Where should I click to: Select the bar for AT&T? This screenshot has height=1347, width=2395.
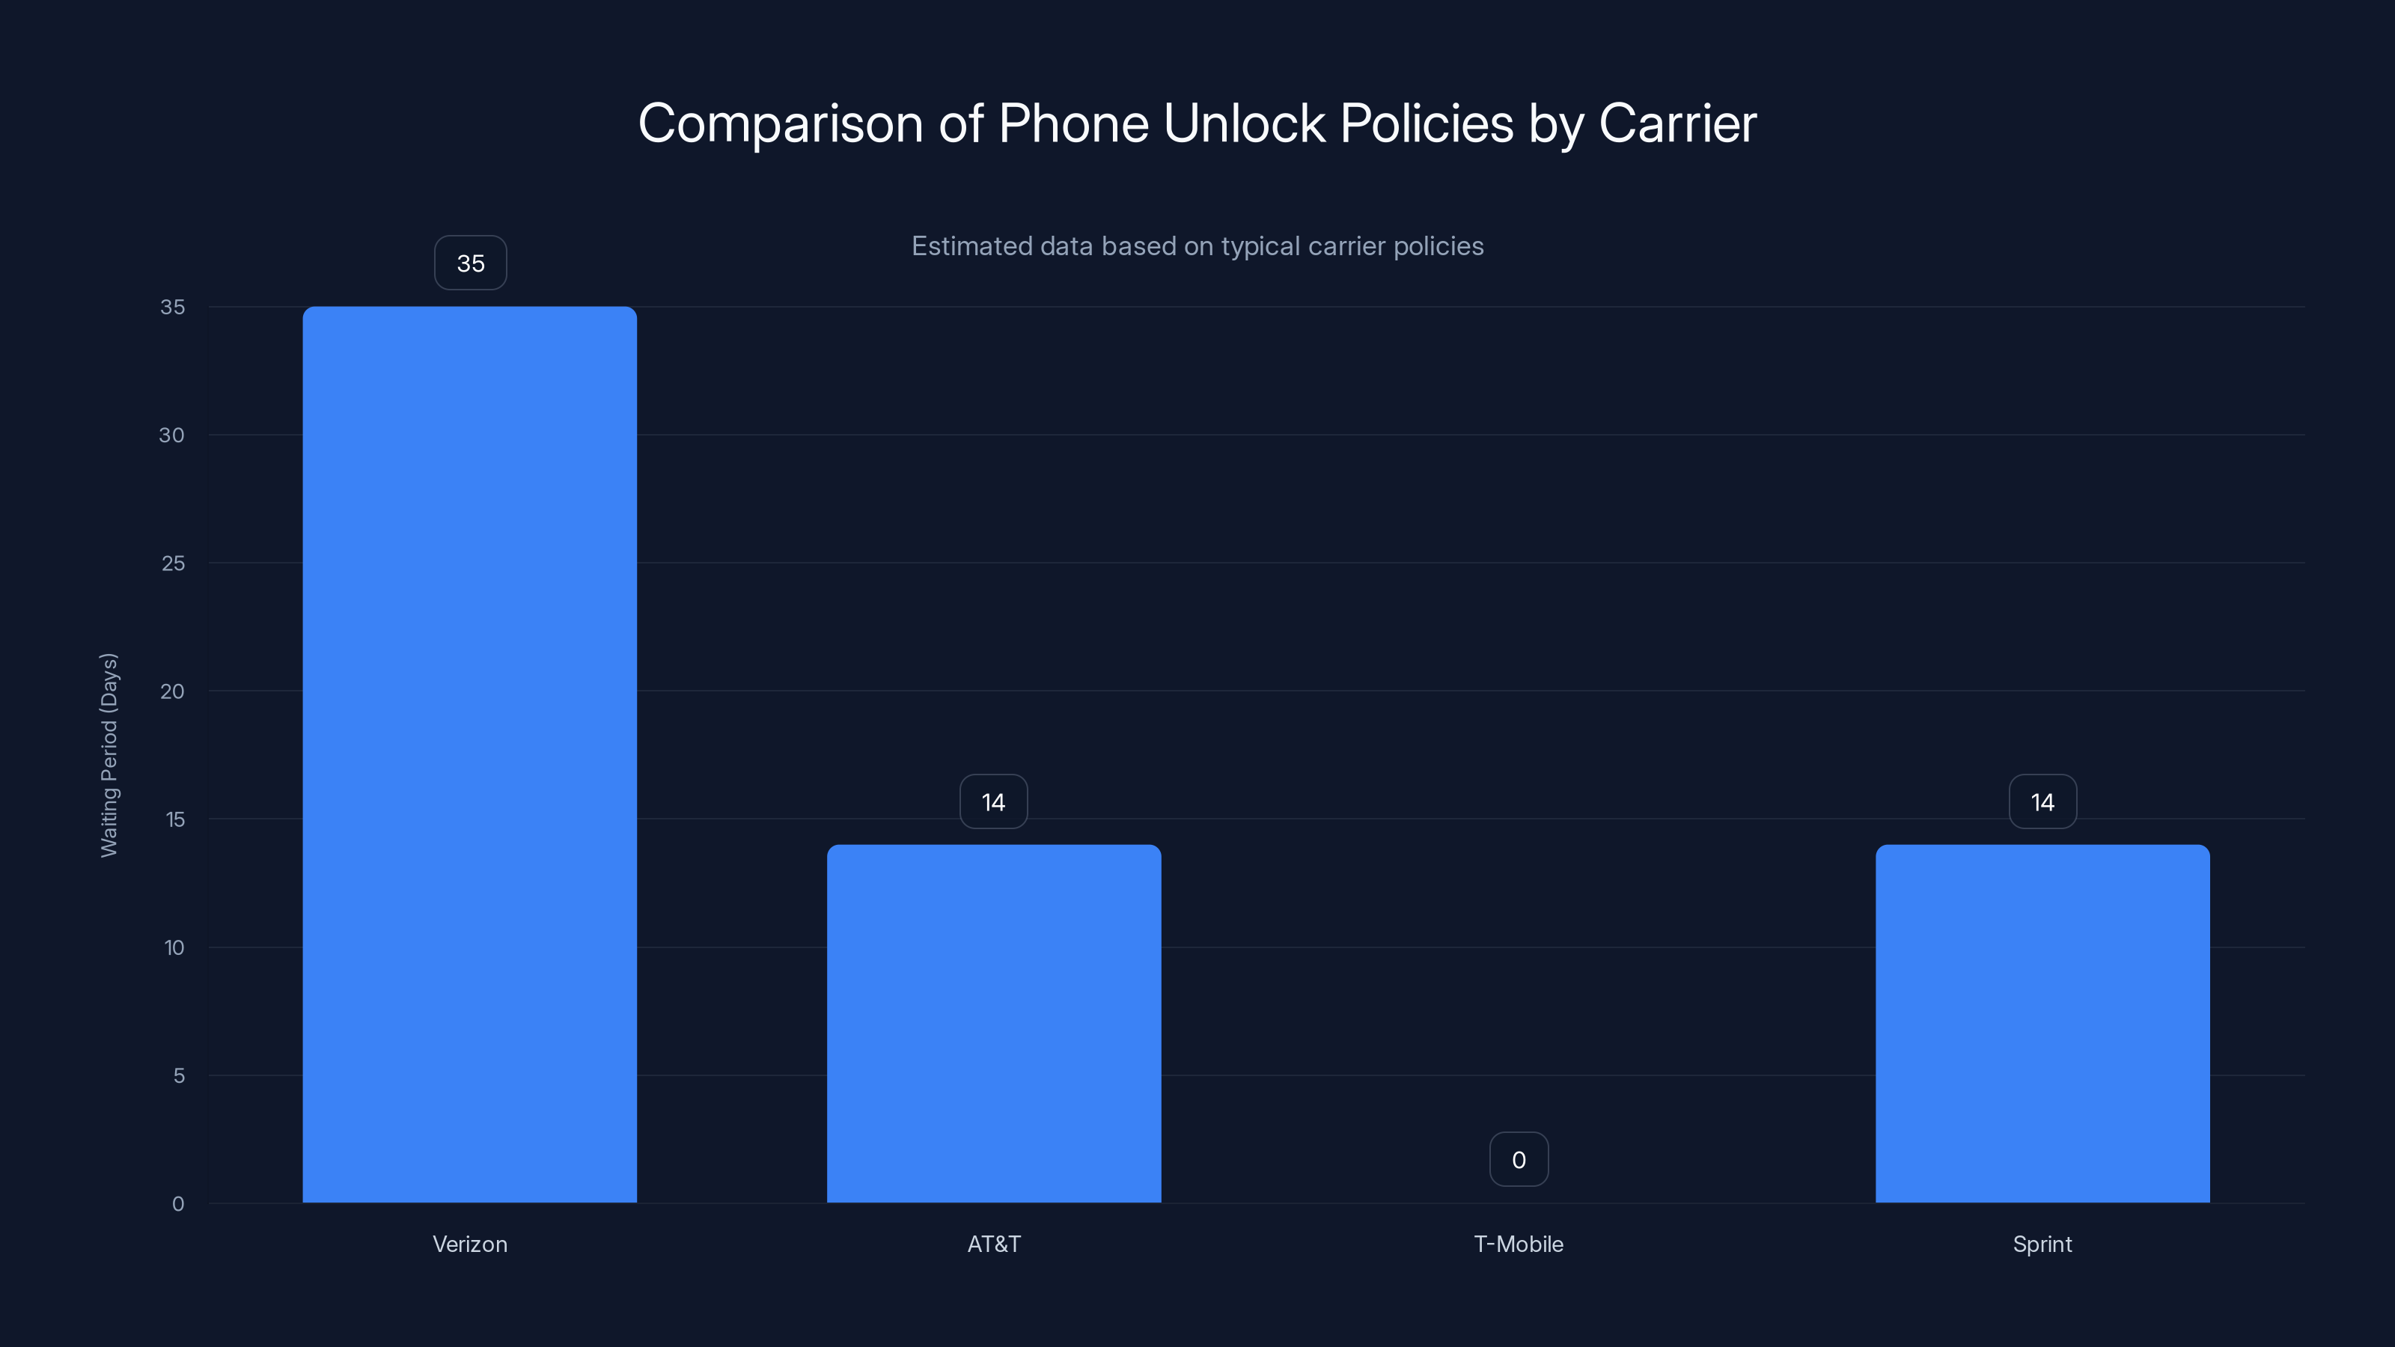pyautogui.click(x=994, y=1024)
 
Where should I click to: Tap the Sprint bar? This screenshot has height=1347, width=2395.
pyautogui.click(x=2042, y=1024)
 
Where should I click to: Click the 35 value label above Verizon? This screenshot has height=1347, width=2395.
pyautogui.click(x=471, y=263)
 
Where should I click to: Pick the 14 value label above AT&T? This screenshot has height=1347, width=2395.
pyautogui.click(x=994, y=802)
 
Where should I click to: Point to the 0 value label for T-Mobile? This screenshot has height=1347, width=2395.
pyautogui.click(x=1519, y=1159)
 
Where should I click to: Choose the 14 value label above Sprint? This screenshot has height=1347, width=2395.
pyautogui.click(x=2042, y=802)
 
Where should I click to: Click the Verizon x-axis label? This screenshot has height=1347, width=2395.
pyautogui.click(x=469, y=1244)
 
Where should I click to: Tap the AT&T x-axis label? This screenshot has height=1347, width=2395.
pyautogui.click(x=994, y=1244)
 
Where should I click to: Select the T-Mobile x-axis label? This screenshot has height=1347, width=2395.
pyautogui.click(x=1519, y=1244)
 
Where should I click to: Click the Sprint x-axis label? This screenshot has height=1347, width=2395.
pyautogui.click(x=2042, y=1244)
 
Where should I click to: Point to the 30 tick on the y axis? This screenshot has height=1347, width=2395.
pyautogui.click(x=172, y=435)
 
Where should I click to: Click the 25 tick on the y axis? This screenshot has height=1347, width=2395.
pyautogui.click(x=173, y=563)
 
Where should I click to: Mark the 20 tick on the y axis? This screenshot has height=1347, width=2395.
pyautogui.click(x=172, y=691)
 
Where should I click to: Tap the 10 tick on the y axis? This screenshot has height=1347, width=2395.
pyautogui.click(x=174, y=947)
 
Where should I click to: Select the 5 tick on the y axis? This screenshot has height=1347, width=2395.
pyautogui.click(x=179, y=1075)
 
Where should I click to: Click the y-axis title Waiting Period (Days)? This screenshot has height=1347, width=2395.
pyautogui.click(x=109, y=755)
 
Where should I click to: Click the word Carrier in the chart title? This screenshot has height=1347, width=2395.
pyautogui.click(x=1677, y=123)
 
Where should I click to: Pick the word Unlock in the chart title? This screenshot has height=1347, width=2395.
pyautogui.click(x=1244, y=123)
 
